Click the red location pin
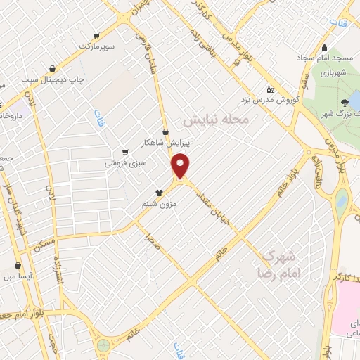coord(181,166)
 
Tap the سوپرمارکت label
coord(96,46)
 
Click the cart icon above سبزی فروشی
coord(125,152)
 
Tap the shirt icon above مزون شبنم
coord(159,192)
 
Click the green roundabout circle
coord(104,345)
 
